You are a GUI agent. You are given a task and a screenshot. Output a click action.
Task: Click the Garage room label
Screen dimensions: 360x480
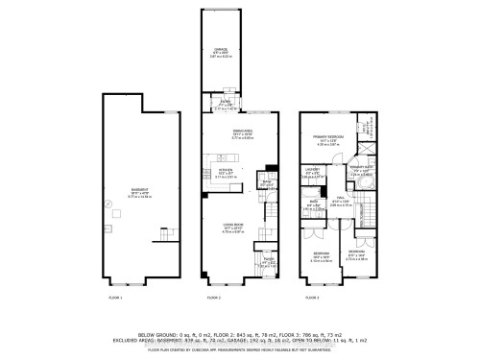(x=222, y=54)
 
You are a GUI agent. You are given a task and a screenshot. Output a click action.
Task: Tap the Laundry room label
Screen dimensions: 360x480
(x=311, y=175)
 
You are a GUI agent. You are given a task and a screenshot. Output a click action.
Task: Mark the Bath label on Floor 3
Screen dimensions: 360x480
(x=313, y=205)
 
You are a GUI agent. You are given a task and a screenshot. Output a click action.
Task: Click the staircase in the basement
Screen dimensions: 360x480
(x=169, y=233)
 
